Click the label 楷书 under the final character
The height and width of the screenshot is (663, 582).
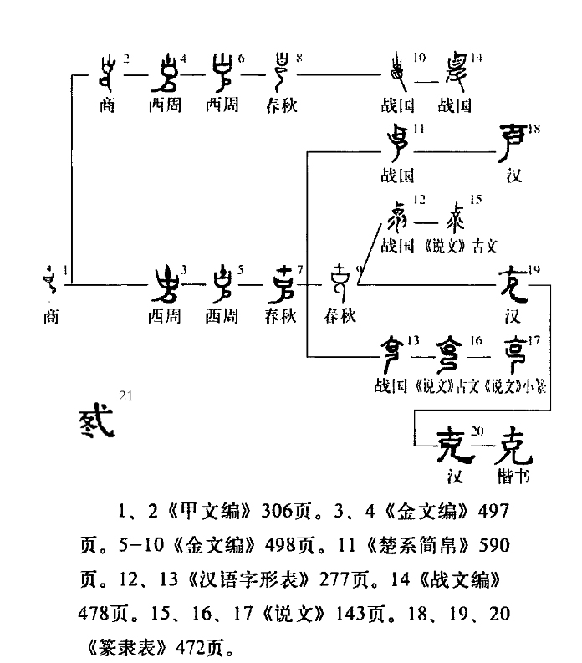(513, 478)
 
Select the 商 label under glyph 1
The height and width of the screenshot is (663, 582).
(50, 318)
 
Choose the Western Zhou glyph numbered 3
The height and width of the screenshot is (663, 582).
(165, 284)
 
